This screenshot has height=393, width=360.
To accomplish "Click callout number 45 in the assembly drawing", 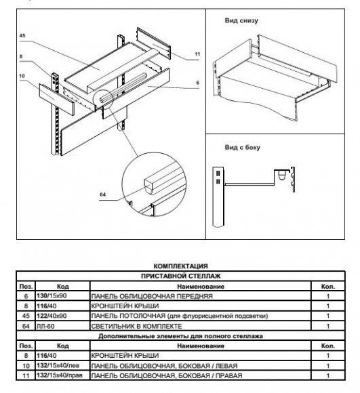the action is click(22, 36).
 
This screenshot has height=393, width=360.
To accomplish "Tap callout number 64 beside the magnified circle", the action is click(103, 194).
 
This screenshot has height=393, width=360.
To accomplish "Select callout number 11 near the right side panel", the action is click(197, 54).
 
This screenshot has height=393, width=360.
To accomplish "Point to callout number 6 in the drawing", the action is click(197, 83).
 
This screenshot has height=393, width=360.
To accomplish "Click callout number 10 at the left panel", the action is click(22, 76).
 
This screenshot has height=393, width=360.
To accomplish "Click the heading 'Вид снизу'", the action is click(241, 20).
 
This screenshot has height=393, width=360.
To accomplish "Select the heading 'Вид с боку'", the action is click(243, 148).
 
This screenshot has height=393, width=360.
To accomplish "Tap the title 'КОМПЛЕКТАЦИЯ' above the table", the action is click(180, 266).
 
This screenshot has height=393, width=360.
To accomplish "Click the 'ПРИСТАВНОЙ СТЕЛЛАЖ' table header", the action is click(180, 276).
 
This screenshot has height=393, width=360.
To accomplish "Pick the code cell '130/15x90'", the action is click(52, 295).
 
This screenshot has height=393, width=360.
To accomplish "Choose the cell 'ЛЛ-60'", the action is click(45, 326).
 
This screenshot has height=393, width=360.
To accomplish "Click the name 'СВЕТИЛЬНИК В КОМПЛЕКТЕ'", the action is click(136, 326).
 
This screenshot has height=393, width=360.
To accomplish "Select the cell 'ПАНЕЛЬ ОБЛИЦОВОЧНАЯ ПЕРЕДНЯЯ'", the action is click(152, 296).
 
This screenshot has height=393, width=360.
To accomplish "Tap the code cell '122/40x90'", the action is click(52, 316).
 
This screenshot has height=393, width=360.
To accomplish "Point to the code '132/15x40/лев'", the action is click(58, 365).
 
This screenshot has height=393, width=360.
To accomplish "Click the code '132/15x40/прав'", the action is click(60, 375).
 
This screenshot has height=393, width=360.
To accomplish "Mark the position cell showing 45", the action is click(26, 316).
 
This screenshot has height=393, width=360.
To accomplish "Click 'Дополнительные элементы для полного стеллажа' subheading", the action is click(180, 336).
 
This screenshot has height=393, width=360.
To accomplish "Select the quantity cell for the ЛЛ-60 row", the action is click(328, 326).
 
